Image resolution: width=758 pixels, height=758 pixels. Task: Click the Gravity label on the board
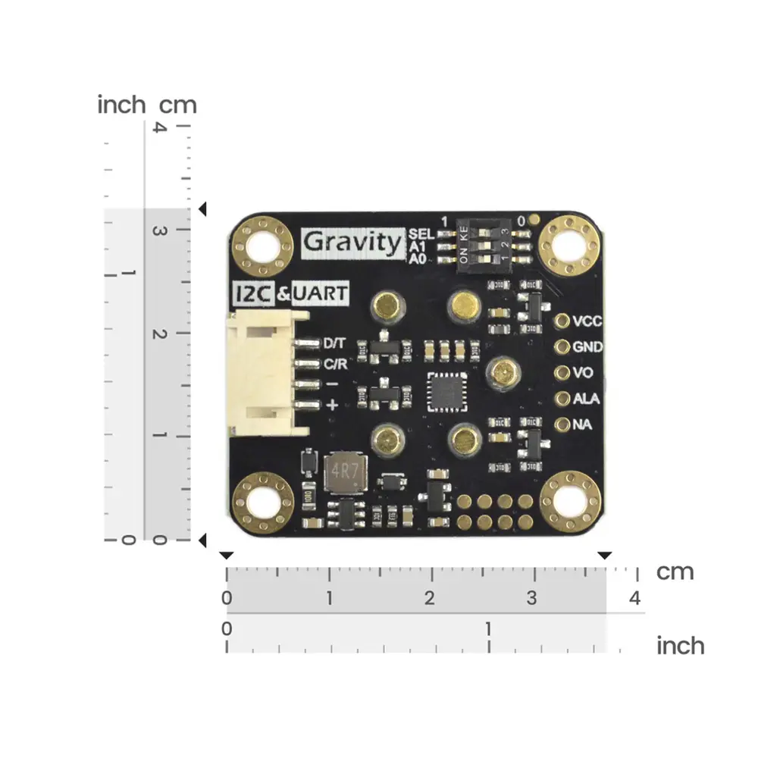[x=352, y=243]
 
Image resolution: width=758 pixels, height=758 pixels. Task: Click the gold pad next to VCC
[x=562, y=321]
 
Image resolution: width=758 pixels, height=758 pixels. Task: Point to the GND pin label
[x=587, y=347]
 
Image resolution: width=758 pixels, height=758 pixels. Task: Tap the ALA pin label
[x=586, y=399]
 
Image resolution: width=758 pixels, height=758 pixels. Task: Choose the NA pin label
[x=582, y=424]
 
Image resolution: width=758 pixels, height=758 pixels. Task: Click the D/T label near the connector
[x=335, y=343]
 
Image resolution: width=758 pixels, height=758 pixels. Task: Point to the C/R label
[x=335, y=365]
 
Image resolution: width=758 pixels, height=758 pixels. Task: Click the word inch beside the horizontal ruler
[x=680, y=646]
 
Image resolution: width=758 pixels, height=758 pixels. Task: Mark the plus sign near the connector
[x=332, y=406]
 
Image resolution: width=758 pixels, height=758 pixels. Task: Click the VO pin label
[x=583, y=373]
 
